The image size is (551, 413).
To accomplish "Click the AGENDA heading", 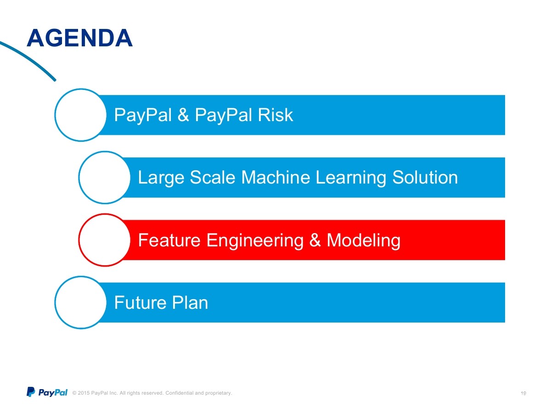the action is pos(79,38).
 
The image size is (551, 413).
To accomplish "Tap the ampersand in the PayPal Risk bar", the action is pos(183,115).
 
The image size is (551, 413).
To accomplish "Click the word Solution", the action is pos(425,177).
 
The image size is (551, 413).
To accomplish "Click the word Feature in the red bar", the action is pos(169,240).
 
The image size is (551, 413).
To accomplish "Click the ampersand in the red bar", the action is pos(315,240).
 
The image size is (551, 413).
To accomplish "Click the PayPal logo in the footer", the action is pos(47,392).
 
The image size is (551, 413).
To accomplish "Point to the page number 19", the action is pos(523,393).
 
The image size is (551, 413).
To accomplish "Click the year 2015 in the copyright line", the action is pos(84,393).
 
